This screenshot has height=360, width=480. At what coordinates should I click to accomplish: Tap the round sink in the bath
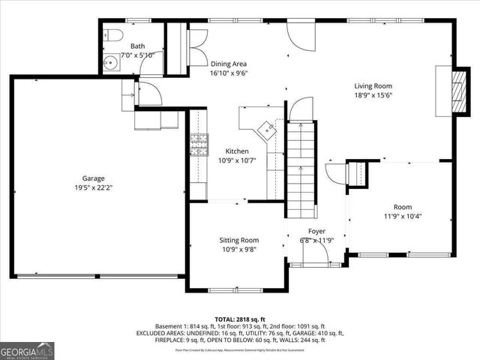click(111, 62)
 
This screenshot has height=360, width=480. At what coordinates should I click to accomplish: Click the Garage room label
click(93, 178)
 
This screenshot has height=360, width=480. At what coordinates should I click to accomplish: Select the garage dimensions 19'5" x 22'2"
click(93, 189)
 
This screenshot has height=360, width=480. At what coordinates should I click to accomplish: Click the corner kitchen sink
click(265, 129)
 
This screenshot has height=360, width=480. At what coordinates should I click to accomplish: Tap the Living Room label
click(373, 85)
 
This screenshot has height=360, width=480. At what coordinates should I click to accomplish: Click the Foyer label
click(316, 231)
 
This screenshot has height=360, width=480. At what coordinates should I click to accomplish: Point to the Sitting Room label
click(238, 240)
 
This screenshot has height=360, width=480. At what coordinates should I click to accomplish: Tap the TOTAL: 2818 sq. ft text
click(239, 319)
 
